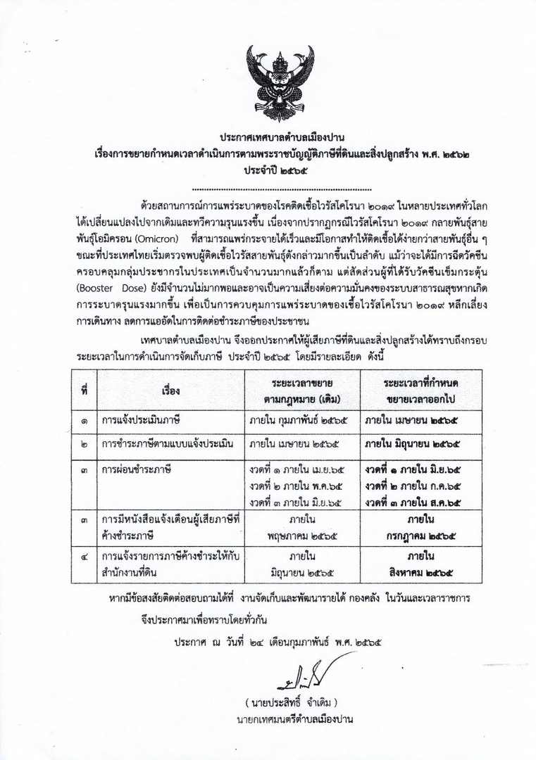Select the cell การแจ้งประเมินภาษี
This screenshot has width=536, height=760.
pyautogui.click(x=142, y=422)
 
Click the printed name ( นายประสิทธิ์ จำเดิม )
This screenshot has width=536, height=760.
pyautogui.click(x=292, y=703)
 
